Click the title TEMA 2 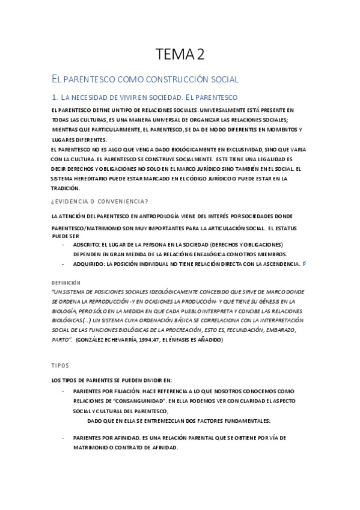[180, 54]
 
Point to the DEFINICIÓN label [66, 283]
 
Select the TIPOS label [60, 365]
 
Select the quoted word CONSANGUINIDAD [135, 400]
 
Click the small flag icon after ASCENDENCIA [304, 263]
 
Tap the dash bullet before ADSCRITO [63, 245]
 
